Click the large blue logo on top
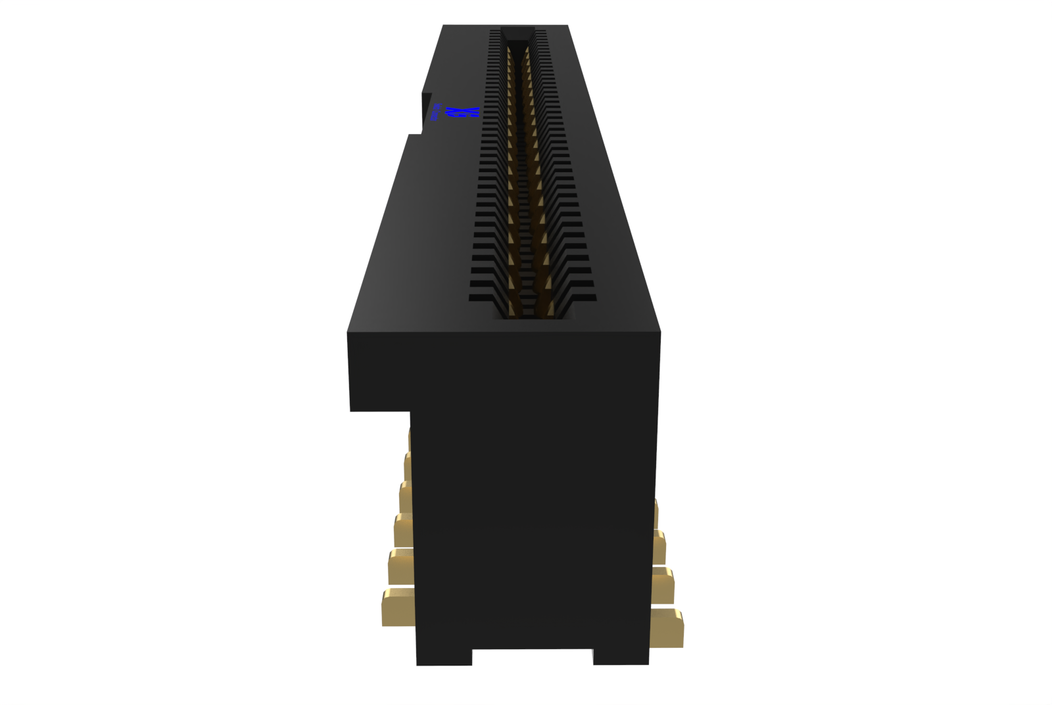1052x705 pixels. (464, 113)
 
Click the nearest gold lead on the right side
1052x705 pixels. (667, 627)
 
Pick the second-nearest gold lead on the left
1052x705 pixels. (400, 566)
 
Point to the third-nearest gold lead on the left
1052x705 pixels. (403, 530)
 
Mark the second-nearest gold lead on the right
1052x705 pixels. (663, 585)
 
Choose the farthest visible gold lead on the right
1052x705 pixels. (656, 512)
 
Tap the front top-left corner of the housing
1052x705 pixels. (348, 333)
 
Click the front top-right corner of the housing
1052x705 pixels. (659, 333)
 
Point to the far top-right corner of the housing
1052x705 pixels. (567, 26)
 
